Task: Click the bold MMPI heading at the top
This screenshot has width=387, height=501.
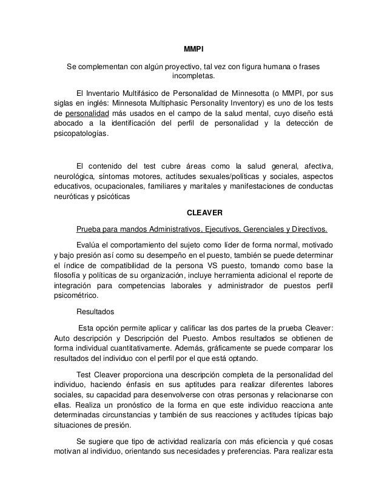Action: click(x=193, y=48)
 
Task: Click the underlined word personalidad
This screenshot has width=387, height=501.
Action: click(x=87, y=113)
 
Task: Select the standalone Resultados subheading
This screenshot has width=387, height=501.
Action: click(x=95, y=313)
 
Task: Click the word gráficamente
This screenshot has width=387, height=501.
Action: click(x=201, y=348)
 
